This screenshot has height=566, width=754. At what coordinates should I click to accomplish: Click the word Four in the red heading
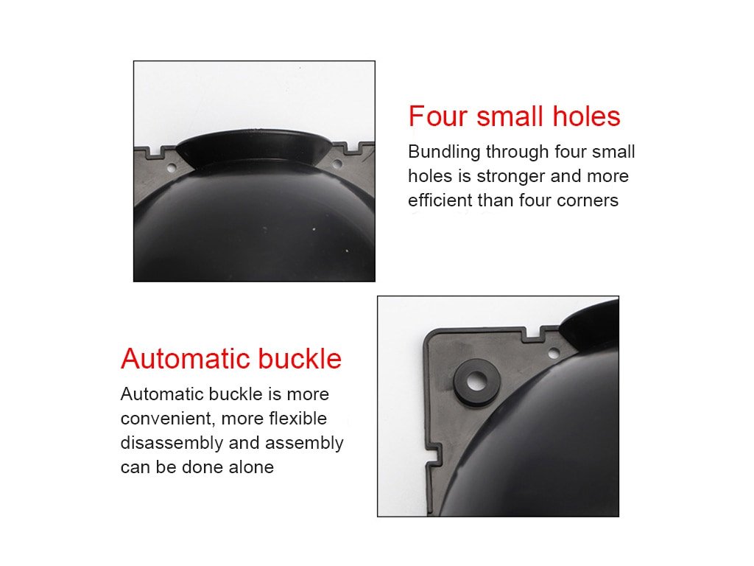tap(437, 116)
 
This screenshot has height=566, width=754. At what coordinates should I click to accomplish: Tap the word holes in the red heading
tap(586, 116)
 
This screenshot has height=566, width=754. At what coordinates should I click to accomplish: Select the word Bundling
tap(444, 152)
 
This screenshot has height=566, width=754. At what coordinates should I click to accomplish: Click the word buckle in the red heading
tap(300, 359)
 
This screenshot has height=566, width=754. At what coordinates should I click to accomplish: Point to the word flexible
tap(297, 419)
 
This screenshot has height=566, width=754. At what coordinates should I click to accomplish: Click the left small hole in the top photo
tap(172, 168)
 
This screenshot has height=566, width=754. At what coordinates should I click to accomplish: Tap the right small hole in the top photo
tap(337, 164)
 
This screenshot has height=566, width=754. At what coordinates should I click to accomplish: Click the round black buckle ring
tap(476, 382)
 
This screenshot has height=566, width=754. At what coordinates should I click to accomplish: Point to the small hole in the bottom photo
tap(554, 354)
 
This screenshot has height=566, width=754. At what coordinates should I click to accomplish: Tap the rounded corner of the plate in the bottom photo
tap(429, 336)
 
